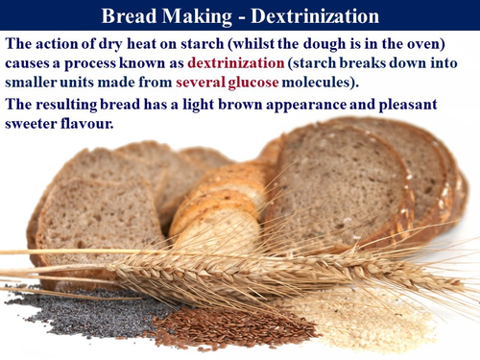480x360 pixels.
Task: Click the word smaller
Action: [36, 83]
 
